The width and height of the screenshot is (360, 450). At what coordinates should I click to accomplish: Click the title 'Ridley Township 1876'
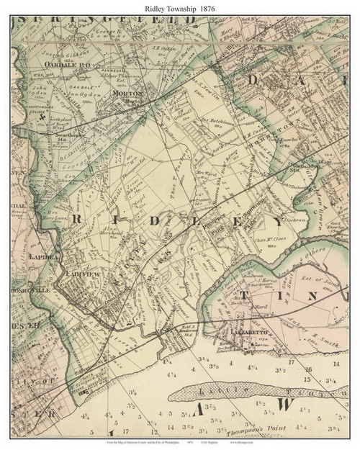tap(180, 6)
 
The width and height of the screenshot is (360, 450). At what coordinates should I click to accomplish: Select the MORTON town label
tap(127, 93)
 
